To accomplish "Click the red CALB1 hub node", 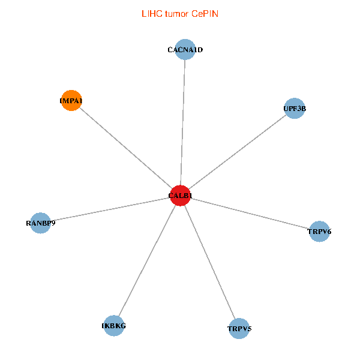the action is tap(180, 196).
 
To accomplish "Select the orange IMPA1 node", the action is tap(71, 101).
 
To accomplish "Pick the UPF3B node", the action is tap(295, 109).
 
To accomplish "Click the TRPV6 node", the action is tap(319, 231).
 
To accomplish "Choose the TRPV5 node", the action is tap(239, 328).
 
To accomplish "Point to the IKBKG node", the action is tap(114, 326).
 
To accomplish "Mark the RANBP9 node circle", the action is tap(40, 223).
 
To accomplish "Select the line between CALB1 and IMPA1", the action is tap(125, 148).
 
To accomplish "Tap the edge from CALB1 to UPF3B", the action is tap(237, 152).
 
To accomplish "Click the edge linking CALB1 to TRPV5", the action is tap(209, 262).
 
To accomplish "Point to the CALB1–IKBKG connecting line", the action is tap(147, 260).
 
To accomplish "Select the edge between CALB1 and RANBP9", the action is tap(110, 209).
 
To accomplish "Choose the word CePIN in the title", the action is tap(205, 13).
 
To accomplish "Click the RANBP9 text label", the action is tap(40, 223).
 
